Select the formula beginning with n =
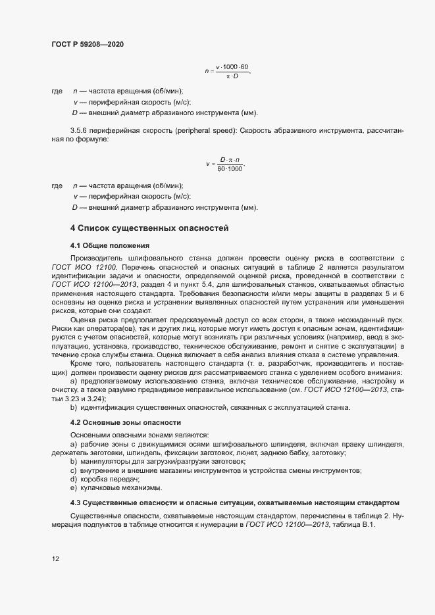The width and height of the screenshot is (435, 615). [x=228, y=71]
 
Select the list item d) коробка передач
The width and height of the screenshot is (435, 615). [x=105, y=480]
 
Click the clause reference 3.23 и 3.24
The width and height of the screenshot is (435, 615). [x=82, y=399]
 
